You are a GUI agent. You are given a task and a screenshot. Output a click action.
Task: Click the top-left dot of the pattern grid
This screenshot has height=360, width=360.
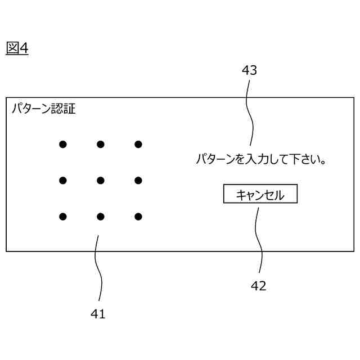pyautogui.click(x=63, y=145)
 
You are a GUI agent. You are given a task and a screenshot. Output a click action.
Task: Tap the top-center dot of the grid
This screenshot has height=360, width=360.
pyautogui.click(x=101, y=145)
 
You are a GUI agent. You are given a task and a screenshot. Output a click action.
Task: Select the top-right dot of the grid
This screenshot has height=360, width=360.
pyautogui.click(x=138, y=145)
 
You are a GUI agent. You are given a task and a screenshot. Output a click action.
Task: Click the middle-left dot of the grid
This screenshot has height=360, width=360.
pyautogui.click(x=63, y=181)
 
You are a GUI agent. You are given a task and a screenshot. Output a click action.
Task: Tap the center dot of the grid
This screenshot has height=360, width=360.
pyautogui.click(x=101, y=181)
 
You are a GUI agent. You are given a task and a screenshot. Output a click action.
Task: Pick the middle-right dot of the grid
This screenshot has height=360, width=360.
pyautogui.click(x=138, y=181)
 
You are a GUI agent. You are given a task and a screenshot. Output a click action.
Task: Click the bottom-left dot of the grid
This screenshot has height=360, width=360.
pyautogui.click(x=63, y=217)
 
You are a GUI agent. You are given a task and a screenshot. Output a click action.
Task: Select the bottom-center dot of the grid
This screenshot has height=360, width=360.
pyautogui.click(x=101, y=217)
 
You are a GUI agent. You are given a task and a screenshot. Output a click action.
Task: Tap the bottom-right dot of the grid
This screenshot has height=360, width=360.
pyautogui.click(x=138, y=217)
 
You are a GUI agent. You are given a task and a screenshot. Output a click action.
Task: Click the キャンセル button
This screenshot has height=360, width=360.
pyautogui.click(x=260, y=195)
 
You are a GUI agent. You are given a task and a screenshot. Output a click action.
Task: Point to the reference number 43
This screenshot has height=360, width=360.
pyautogui.click(x=249, y=70)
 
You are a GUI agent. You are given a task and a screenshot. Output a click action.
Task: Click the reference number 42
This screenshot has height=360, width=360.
pyautogui.click(x=258, y=286)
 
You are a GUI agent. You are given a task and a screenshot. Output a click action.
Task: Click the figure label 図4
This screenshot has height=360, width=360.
pyautogui.click(x=17, y=48)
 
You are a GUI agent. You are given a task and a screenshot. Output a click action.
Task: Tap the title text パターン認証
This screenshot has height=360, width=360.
pyautogui.click(x=44, y=109)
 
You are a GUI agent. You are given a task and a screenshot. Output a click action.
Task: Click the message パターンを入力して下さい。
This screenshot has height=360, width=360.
pyautogui.click(x=262, y=160)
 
